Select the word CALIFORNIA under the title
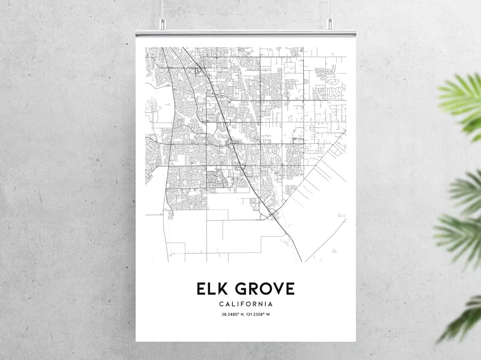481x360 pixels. (x=246, y=304)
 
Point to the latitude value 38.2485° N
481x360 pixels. (x=232, y=314)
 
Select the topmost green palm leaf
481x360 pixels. (x=462, y=99)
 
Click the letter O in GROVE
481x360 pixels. (x=262, y=289)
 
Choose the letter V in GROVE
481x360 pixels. (x=276, y=289)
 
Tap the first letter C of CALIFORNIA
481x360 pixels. (x=222, y=304)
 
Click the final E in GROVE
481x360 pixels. (x=289, y=289)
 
